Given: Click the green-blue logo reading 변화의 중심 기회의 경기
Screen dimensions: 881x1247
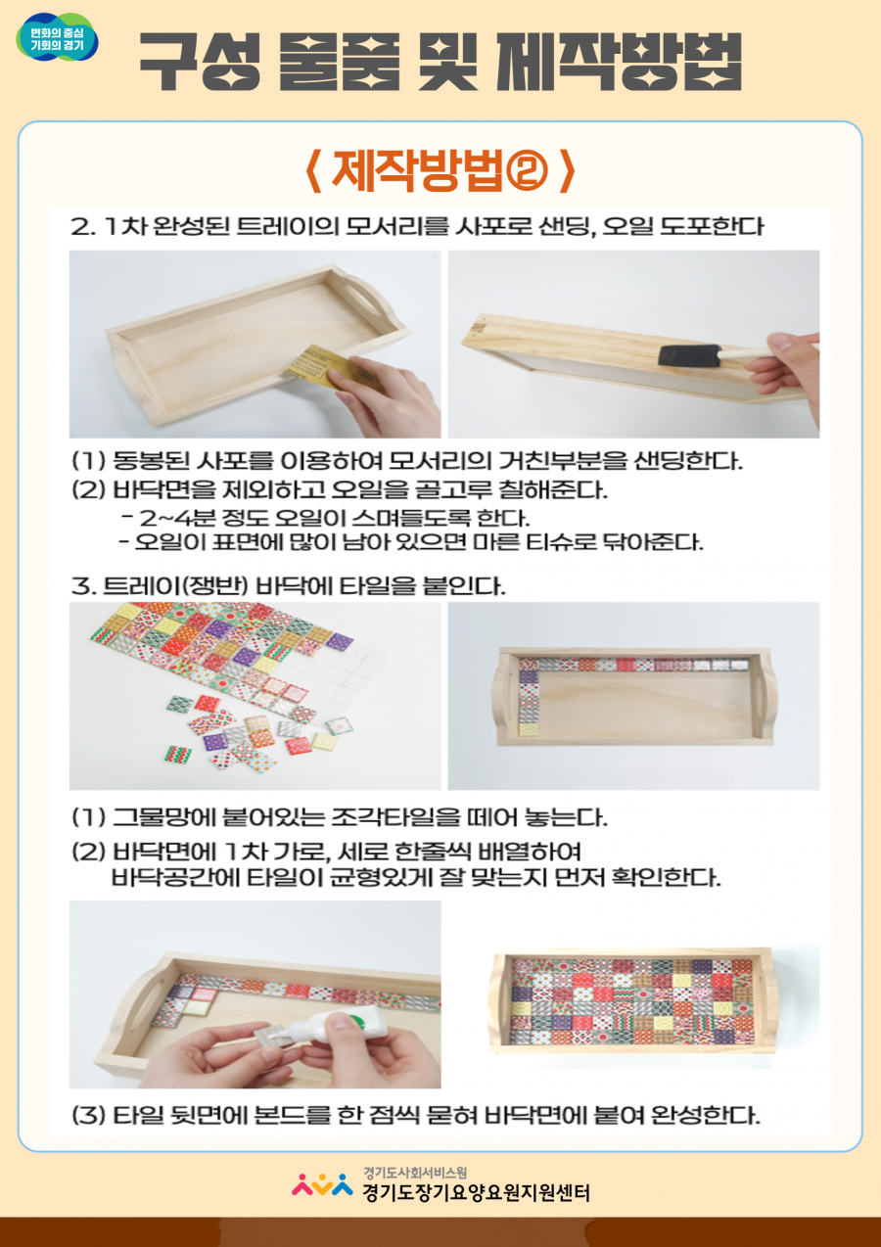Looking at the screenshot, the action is pos(58,37).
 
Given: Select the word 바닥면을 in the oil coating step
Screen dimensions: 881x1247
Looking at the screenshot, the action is pos(163,489).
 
